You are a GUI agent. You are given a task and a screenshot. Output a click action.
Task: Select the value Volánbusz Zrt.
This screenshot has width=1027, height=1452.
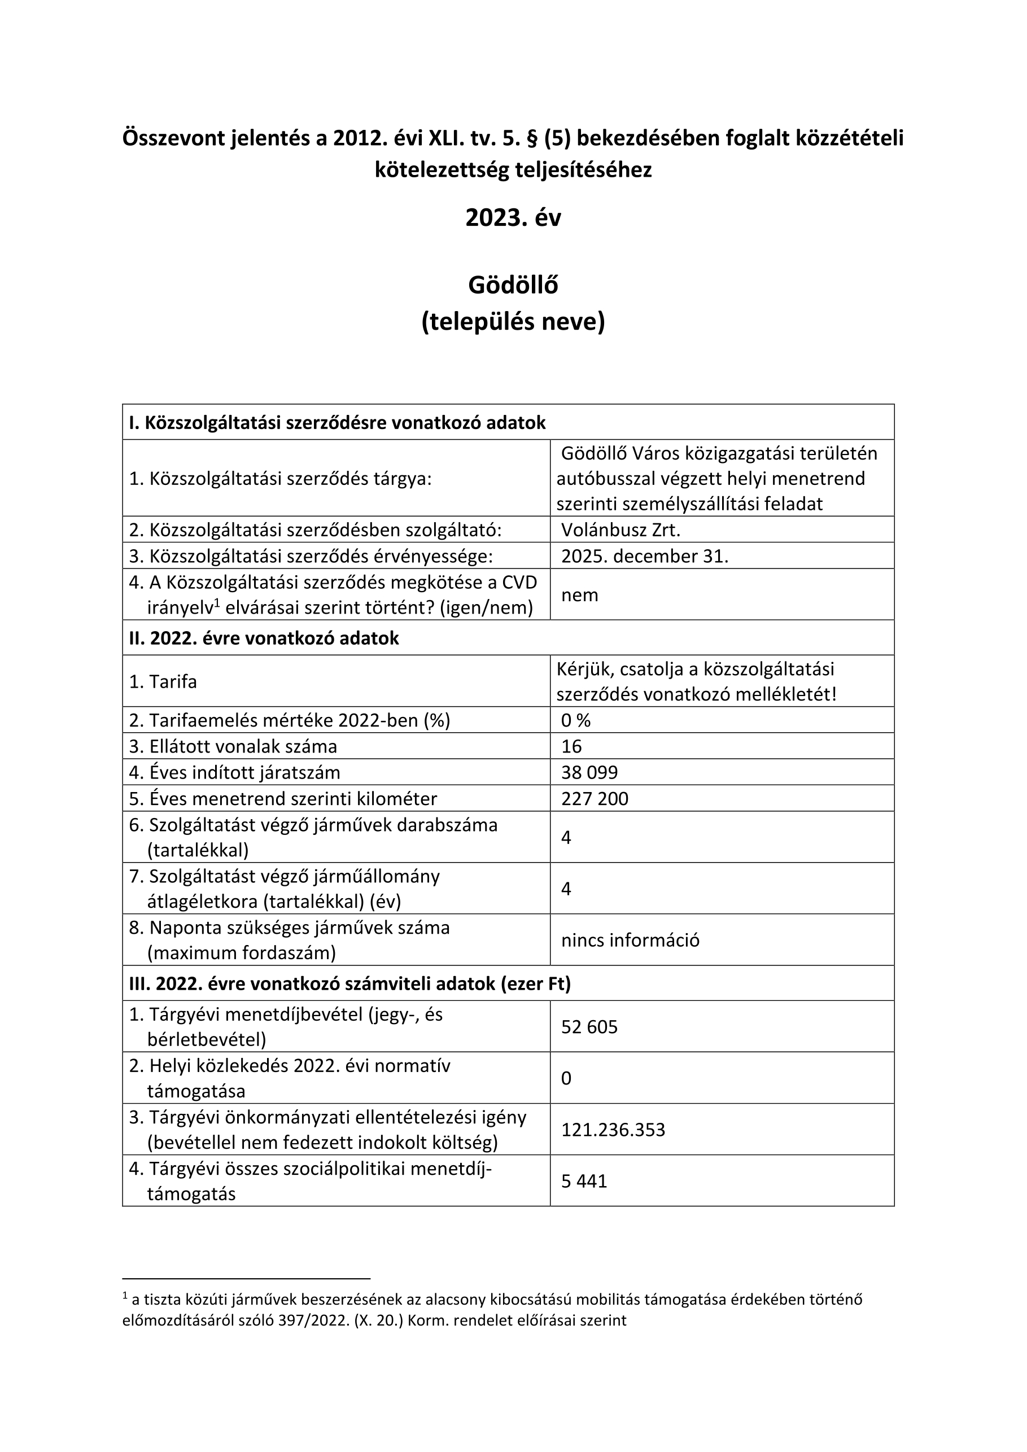pyautogui.click(x=620, y=530)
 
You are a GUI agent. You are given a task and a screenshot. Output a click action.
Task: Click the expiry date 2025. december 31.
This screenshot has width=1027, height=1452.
pyautogui.click(x=644, y=556)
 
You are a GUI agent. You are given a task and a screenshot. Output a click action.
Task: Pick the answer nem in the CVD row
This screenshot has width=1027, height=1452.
pyautogui.click(x=579, y=594)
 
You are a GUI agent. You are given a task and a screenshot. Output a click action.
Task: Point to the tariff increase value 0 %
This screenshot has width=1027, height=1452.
pyautogui.click(x=575, y=720)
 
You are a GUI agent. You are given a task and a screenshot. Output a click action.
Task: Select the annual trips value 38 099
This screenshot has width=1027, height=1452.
pyautogui.click(x=589, y=772)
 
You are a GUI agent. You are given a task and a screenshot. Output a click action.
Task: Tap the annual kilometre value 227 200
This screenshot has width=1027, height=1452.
pyautogui.click(x=595, y=798)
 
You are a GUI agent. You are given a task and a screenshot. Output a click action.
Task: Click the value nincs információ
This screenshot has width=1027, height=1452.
pyautogui.click(x=630, y=941)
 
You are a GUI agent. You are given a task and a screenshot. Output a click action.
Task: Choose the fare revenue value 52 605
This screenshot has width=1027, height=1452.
pyautogui.click(x=589, y=1026)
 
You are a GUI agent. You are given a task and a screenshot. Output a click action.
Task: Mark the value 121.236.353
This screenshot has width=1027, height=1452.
pyautogui.click(x=613, y=1130)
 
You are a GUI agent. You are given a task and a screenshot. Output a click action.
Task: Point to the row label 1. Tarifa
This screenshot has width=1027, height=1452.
pyautogui.click(x=163, y=682)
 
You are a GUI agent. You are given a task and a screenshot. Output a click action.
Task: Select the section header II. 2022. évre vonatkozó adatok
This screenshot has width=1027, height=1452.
pyautogui.click(x=264, y=638)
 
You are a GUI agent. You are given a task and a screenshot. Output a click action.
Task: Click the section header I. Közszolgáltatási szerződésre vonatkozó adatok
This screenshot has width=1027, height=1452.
pyautogui.click(x=337, y=422)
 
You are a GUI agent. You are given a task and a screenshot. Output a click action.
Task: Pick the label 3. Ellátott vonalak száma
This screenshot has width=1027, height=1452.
pyautogui.click(x=233, y=746)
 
